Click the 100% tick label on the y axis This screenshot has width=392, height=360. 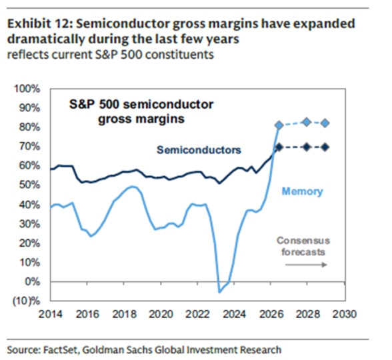(x=27, y=89)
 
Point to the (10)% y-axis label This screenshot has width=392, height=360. (x=26, y=301)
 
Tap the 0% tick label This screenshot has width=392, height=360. (x=32, y=282)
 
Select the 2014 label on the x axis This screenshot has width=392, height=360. (x=50, y=314)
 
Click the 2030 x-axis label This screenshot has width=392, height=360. (x=344, y=314)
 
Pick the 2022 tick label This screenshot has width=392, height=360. (x=197, y=314)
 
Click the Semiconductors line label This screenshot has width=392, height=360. (x=199, y=150)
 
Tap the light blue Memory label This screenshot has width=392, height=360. (x=303, y=191)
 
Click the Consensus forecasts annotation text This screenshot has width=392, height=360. (x=303, y=246)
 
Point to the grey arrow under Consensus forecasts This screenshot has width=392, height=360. (x=306, y=265)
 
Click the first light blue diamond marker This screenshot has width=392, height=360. (x=279, y=125)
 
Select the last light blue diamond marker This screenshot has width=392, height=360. (x=325, y=123)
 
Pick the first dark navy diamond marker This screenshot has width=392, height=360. (x=279, y=147)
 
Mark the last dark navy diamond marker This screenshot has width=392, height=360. (x=325, y=147)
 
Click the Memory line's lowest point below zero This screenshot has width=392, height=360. (x=219, y=292)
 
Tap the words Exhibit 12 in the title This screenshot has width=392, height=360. (x=37, y=24)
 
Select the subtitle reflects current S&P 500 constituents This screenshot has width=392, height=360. (x=111, y=55)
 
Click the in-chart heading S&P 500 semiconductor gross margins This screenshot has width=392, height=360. (x=141, y=111)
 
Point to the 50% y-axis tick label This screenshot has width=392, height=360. (x=29, y=185)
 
